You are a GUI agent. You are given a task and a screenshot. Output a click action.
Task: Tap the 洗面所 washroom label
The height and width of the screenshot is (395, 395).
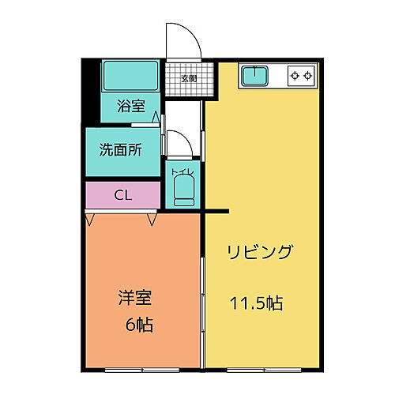pos(120,151)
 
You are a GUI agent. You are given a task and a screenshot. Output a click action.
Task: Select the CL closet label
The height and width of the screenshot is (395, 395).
pos(122,194)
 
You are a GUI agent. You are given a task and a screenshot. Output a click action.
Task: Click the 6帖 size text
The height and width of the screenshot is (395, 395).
pos(138,325)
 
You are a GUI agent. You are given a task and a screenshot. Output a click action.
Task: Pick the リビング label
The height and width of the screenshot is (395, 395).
pos(260,253)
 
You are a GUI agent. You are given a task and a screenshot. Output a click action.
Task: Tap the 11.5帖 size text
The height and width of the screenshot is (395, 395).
pos(257,303)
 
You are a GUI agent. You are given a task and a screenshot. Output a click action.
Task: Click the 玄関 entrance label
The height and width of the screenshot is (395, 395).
pos(188,78)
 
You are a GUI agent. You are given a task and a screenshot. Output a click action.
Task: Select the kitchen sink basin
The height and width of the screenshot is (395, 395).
pos(254,77)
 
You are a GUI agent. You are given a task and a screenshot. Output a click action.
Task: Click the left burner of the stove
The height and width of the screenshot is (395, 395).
pos(295,77)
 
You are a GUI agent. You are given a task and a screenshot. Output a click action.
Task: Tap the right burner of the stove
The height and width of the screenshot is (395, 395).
pos(308,77)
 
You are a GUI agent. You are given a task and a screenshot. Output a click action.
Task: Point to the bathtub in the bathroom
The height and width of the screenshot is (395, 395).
pos(130,77)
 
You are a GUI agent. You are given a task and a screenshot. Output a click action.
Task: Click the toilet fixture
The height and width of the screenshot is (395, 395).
pos(183,190)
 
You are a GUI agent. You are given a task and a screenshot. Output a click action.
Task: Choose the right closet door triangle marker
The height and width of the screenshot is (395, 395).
pos(150,217)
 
